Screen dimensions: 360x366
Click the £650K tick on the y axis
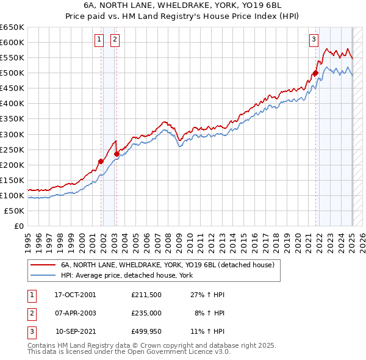tap(12, 27)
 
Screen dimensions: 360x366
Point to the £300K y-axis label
tap(12, 134)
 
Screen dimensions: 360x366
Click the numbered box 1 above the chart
tap(99, 40)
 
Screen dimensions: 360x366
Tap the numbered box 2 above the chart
tap(115, 40)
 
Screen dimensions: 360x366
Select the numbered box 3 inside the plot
tap(314, 40)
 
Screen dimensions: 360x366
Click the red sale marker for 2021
tap(315, 73)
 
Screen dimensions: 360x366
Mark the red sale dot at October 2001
tap(101, 161)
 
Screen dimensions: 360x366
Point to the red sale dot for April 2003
tap(117, 154)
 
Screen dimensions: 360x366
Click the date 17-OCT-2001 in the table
tap(75, 295)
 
